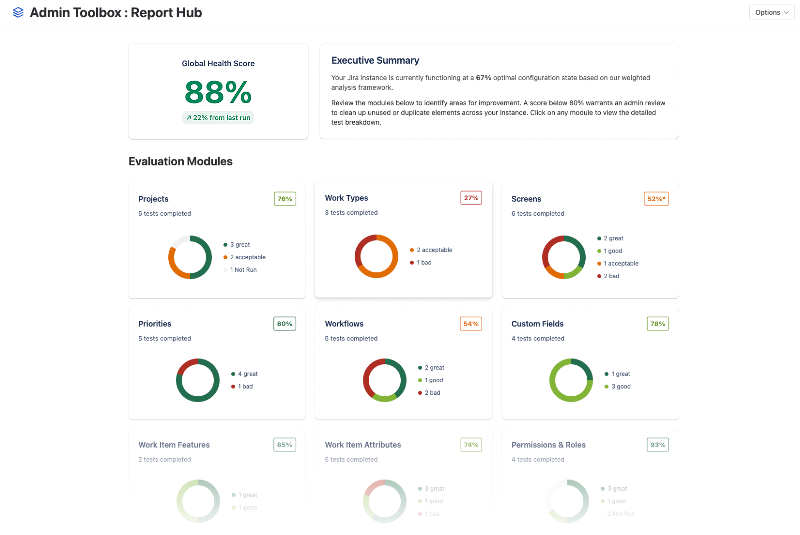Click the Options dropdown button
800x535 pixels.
tap(771, 13)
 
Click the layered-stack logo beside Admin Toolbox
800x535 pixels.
tap(18, 13)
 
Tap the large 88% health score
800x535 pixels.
tap(218, 93)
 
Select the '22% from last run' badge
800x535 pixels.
tap(218, 118)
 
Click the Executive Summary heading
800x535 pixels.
tap(375, 61)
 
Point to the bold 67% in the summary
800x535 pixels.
tap(483, 78)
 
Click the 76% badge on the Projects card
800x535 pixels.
tap(285, 199)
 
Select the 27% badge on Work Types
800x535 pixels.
tap(471, 198)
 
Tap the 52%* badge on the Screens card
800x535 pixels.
tap(656, 199)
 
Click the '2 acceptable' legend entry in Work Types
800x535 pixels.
tap(433, 250)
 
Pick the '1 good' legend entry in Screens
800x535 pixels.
tap(612, 251)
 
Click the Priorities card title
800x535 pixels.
tap(155, 324)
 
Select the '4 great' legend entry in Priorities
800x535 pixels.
tap(247, 374)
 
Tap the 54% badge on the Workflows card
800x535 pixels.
tap(471, 324)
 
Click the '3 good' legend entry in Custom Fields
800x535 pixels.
tap(620, 387)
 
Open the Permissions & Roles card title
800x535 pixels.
tap(548, 445)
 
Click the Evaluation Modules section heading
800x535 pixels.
tap(180, 162)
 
